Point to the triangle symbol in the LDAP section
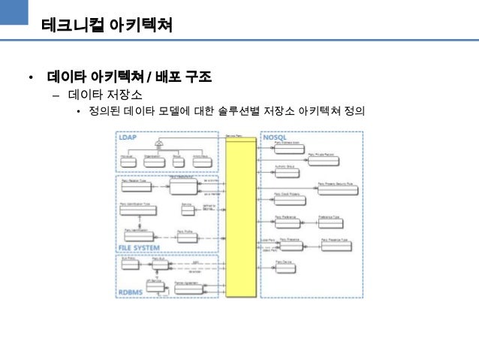(159, 143)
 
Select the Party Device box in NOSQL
(285, 266)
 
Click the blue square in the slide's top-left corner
(14, 13)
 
